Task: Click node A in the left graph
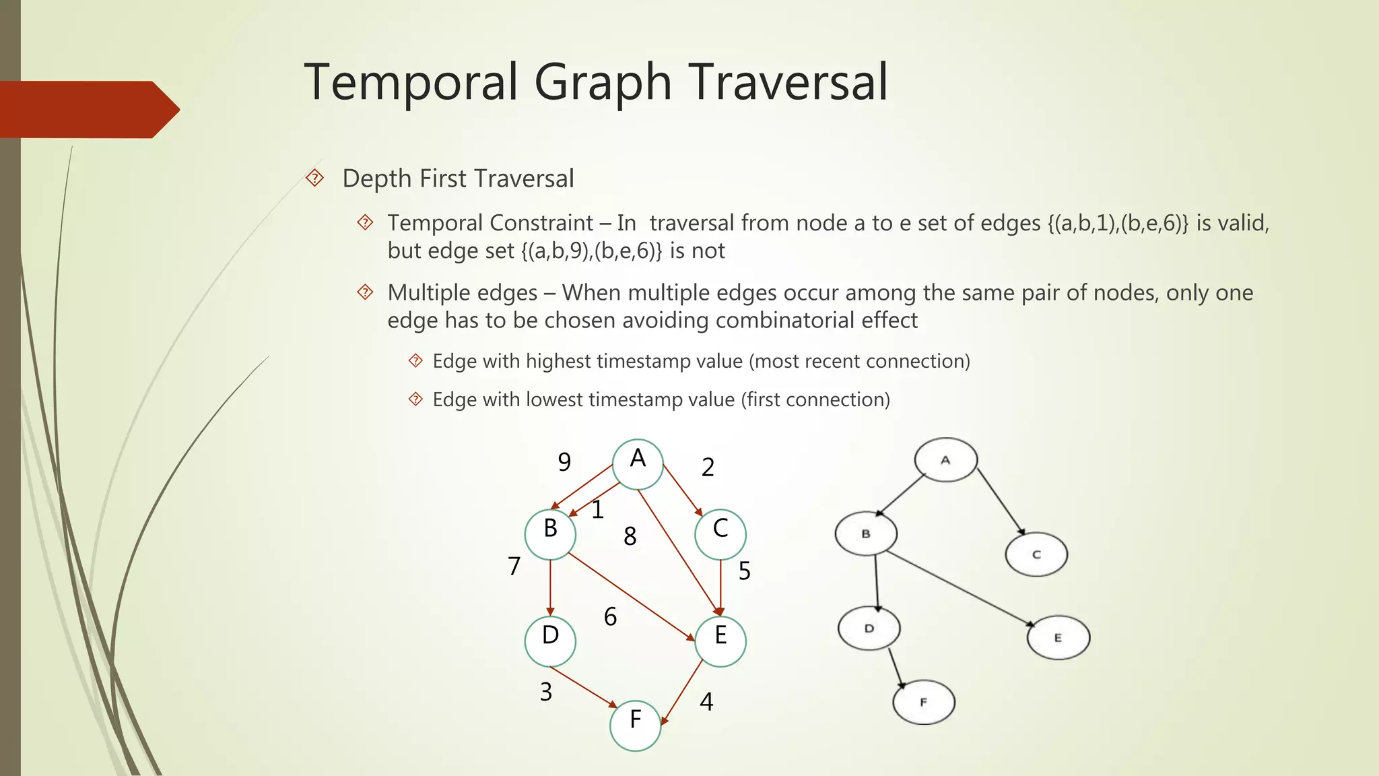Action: tap(638, 464)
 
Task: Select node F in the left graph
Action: tap(635, 725)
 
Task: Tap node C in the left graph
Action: tap(720, 534)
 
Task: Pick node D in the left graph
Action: tap(550, 641)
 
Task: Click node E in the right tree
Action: tap(1058, 637)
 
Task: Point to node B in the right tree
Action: tap(866, 533)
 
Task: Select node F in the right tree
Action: tap(923, 702)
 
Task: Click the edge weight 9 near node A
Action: tap(564, 462)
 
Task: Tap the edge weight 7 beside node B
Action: tap(514, 567)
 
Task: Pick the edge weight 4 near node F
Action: tap(706, 702)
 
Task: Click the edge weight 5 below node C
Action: tap(744, 571)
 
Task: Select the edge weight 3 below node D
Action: tap(546, 692)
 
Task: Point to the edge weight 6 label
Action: tap(610, 616)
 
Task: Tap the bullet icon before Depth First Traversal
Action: tap(314, 179)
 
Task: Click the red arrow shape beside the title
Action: tap(88, 109)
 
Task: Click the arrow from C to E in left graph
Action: tap(720, 586)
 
